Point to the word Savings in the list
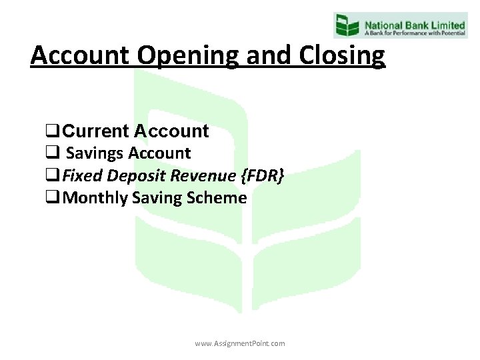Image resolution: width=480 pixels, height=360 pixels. click(x=95, y=153)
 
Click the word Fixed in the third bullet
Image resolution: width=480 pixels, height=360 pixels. click(x=80, y=175)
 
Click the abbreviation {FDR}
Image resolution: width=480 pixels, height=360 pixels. click(x=261, y=175)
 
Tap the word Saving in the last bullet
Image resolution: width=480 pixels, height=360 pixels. click(x=155, y=198)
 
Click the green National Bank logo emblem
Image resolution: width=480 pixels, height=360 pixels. click(x=347, y=25)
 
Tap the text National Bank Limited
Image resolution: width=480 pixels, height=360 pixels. click(x=414, y=21)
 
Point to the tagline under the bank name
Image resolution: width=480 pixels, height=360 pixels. click(x=414, y=31)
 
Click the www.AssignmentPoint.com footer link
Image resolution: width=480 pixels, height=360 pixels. click(x=240, y=343)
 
